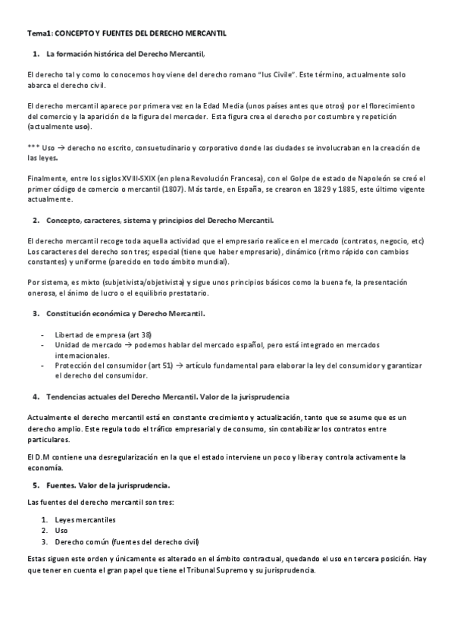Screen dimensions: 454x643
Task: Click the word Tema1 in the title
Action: point(38,34)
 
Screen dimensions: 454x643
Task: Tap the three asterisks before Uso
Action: point(33,147)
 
